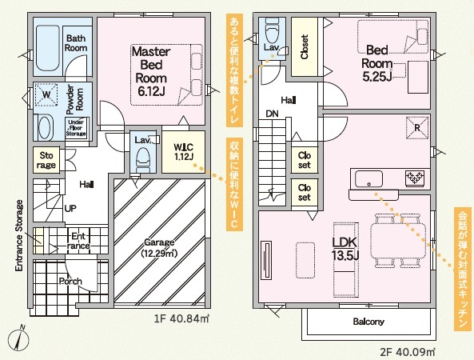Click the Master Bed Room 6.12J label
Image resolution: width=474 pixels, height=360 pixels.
[x=151, y=71]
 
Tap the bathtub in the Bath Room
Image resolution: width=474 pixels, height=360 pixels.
[x=47, y=48]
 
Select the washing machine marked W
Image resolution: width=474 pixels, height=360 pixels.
[x=46, y=94]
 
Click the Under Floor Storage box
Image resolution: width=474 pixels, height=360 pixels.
[x=76, y=128]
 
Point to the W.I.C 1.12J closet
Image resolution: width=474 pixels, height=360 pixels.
[x=184, y=151]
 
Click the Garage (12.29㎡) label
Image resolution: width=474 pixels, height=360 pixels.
[x=159, y=247]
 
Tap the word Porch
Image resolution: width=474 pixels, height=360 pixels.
[x=70, y=282]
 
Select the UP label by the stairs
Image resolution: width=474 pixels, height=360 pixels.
[x=70, y=208]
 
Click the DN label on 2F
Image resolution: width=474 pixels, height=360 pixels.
[x=272, y=114]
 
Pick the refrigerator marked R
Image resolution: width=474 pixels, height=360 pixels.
[x=417, y=128]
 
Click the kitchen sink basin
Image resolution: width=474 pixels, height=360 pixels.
[x=368, y=178]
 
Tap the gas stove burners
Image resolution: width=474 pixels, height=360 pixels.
[x=414, y=177]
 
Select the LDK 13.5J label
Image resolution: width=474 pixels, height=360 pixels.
[x=345, y=249]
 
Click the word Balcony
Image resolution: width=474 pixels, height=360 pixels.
[x=368, y=322]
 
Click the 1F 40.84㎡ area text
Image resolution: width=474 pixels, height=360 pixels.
[x=181, y=318]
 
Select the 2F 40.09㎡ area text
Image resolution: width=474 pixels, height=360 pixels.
[x=407, y=352]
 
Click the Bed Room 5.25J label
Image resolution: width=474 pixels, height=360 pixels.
[x=377, y=63]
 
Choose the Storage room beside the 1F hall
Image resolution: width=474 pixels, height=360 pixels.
[x=46, y=160]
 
